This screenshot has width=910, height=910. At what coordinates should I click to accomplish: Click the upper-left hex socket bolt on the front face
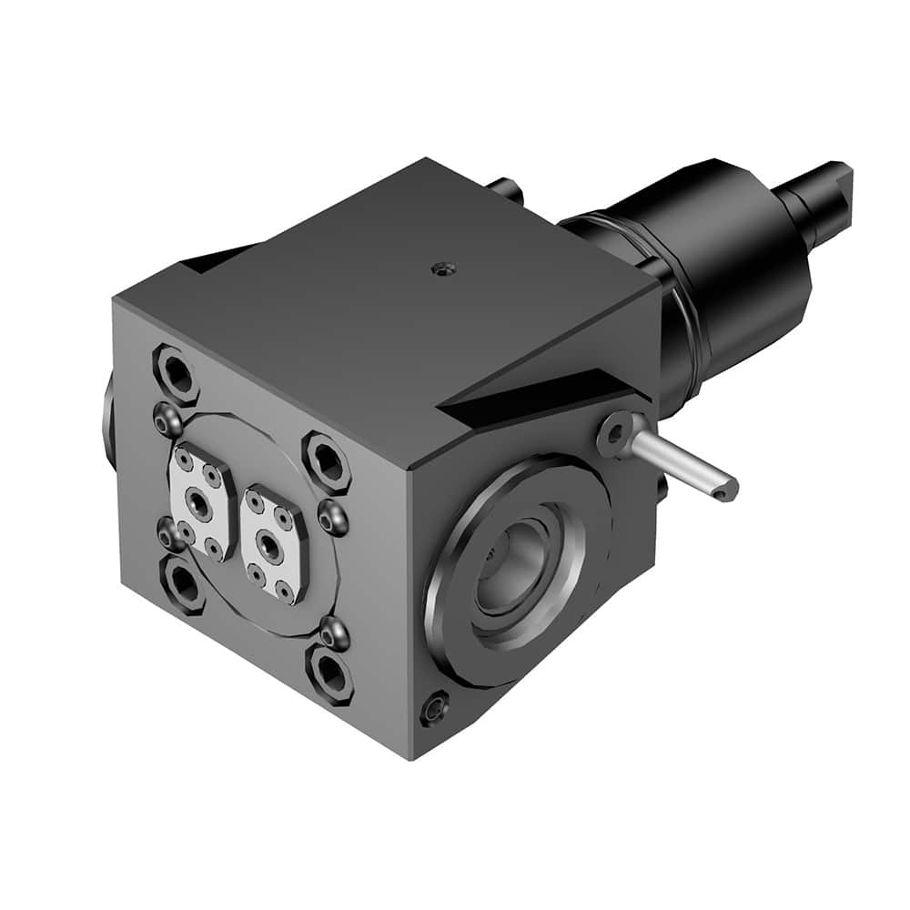[177, 373]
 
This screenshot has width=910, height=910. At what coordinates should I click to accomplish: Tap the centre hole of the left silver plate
[198, 503]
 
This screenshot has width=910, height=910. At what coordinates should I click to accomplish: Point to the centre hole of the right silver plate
[270, 544]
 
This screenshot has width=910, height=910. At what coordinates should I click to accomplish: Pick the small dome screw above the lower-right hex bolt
[334, 632]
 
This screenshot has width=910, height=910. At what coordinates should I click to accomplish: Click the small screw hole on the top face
[442, 268]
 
